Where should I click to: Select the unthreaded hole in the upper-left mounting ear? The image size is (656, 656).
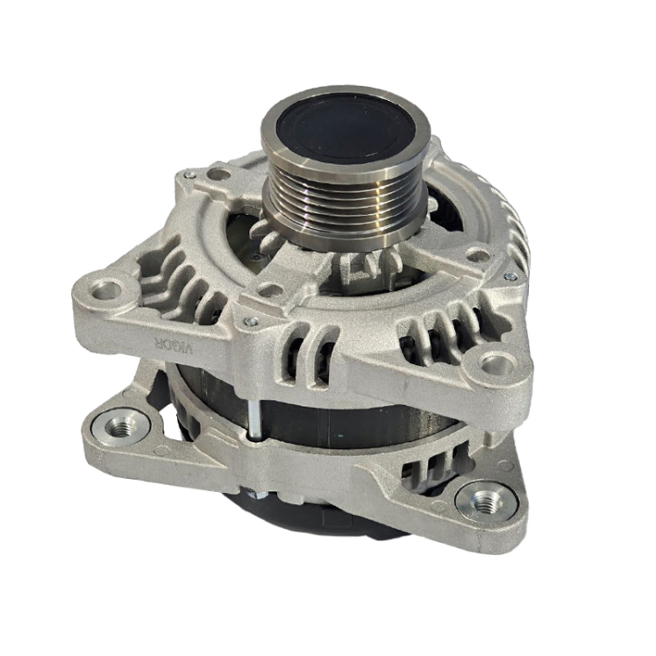pos(107,290)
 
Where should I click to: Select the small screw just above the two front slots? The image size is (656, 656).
pos(249,321)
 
